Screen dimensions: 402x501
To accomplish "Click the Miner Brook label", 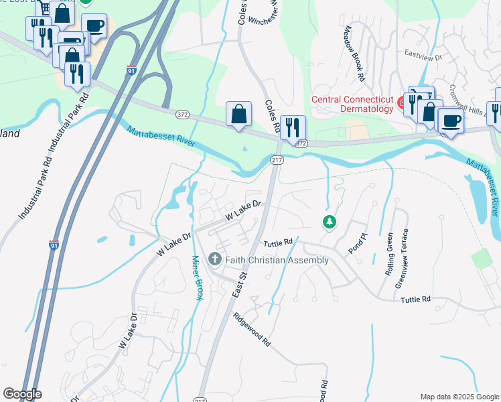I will pyautogui.click(x=196, y=277).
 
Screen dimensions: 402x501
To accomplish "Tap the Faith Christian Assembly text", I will pyautogui.click(x=276, y=259).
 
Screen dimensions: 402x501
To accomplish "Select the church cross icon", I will pyautogui.click(x=215, y=259).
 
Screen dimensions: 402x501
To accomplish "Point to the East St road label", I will pyautogui.click(x=240, y=283).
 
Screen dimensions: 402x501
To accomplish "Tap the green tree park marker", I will pyautogui.click(x=329, y=222).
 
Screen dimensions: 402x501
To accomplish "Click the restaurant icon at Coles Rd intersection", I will pyautogui.click(x=293, y=127).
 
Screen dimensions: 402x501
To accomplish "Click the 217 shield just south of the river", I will pyautogui.click(x=277, y=160).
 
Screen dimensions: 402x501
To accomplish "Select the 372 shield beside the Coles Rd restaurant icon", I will pyautogui.click(x=301, y=144).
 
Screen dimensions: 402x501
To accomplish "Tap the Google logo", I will pyautogui.click(x=22, y=394).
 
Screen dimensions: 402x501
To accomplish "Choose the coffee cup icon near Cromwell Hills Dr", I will pyautogui.click(x=450, y=121).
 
